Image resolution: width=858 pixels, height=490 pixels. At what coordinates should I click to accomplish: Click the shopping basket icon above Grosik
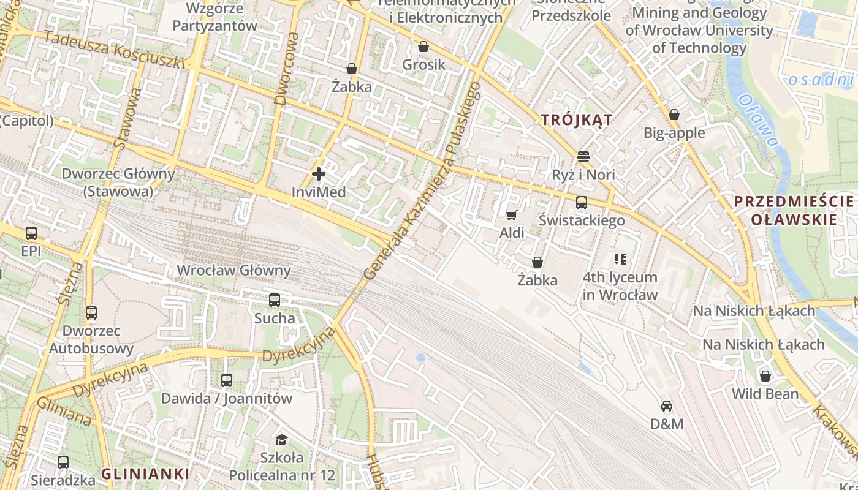click(x=423, y=47)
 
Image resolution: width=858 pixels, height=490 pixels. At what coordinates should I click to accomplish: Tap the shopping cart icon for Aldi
click(x=512, y=215)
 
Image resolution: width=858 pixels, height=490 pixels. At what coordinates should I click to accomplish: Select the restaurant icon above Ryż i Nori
click(x=583, y=157)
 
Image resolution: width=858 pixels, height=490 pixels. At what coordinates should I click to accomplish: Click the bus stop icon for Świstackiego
click(x=581, y=202)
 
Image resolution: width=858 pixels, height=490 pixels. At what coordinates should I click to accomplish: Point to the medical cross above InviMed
click(x=319, y=175)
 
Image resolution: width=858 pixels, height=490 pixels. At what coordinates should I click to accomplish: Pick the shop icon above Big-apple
click(x=674, y=115)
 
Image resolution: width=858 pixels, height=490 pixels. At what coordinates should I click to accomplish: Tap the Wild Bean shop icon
click(x=765, y=375)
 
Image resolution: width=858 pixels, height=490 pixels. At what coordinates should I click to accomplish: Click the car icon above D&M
click(x=667, y=405)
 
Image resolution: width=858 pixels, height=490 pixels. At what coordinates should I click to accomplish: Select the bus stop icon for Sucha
click(x=275, y=300)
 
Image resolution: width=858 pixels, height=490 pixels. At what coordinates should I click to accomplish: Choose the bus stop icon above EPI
click(x=31, y=233)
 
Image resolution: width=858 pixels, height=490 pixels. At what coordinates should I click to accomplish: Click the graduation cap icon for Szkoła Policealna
click(x=281, y=440)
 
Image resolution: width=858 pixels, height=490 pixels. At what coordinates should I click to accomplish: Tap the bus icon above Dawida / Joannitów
click(x=227, y=380)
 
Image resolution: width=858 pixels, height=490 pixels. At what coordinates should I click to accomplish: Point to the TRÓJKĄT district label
click(x=577, y=120)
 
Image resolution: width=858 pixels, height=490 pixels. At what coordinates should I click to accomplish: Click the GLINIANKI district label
click(x=145, y=473)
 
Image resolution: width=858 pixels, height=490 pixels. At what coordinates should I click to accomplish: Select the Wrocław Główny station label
click(x=233, y=270)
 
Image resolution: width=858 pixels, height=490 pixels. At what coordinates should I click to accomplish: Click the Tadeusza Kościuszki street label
click(x=115, y=50)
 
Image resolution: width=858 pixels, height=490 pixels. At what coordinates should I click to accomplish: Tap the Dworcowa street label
click(x=287, y=69)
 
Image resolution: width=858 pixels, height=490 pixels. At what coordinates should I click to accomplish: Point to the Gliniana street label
click(x=64, y=412)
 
